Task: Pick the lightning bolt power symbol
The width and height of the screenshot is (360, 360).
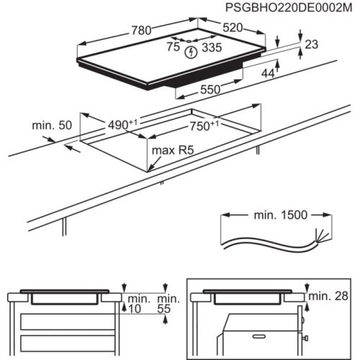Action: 190,52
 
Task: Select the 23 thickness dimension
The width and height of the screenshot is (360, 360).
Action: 311,45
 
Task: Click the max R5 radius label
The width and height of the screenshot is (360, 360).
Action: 174,150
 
